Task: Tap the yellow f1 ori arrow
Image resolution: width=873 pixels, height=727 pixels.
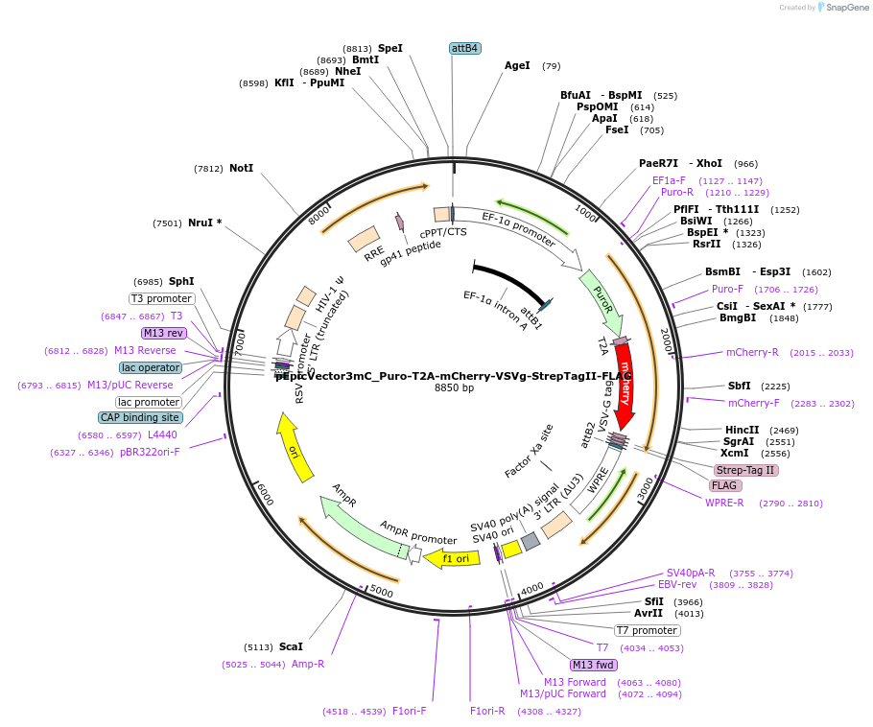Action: (453, 558)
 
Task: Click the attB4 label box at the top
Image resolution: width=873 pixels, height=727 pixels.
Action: (464, 48)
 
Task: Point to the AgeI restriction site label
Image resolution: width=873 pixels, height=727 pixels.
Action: (517, 66)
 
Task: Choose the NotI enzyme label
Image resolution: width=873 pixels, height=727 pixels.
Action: (241, 168)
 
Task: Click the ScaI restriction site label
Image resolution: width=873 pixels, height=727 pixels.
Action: (291, 646)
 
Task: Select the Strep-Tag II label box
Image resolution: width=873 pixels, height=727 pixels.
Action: (745, 470)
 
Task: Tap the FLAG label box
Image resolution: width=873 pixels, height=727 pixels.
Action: (725, 485)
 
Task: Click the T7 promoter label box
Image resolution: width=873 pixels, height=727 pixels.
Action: (648, 630)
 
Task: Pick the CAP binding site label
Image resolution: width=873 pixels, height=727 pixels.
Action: (140, 417)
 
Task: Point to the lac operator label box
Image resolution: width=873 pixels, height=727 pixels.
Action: (151, 367)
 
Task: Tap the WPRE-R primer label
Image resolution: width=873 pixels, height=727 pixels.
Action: (724, 503)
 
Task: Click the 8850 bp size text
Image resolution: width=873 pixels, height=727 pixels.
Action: (454, 387)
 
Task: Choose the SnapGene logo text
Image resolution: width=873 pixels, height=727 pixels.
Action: (847, 8)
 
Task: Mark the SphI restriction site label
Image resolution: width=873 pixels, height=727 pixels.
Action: (181, 281)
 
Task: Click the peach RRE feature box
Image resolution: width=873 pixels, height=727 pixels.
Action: (364, 240)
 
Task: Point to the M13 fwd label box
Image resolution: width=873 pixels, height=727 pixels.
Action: (593, 665)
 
